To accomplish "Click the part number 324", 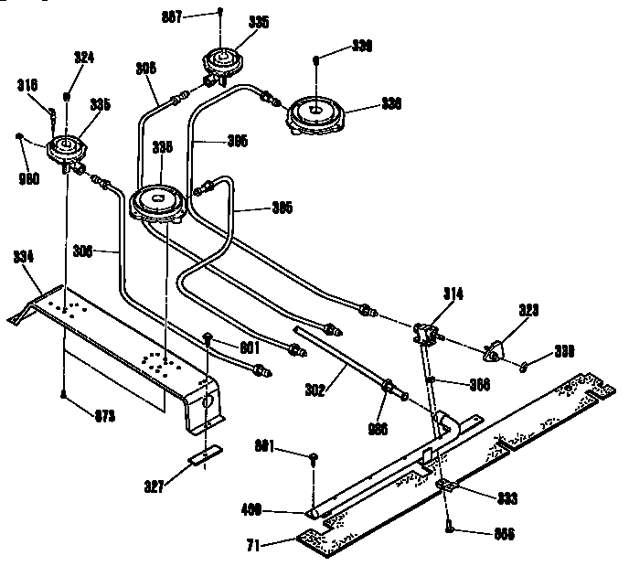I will coord(83,57).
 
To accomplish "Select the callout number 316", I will coord(27,85).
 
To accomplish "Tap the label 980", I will coord(29,178).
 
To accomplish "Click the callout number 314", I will coord(453,294).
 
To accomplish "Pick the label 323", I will coord(529,312).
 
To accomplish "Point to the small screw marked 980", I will coord(19,137).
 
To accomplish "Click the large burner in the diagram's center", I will coord(159,200).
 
